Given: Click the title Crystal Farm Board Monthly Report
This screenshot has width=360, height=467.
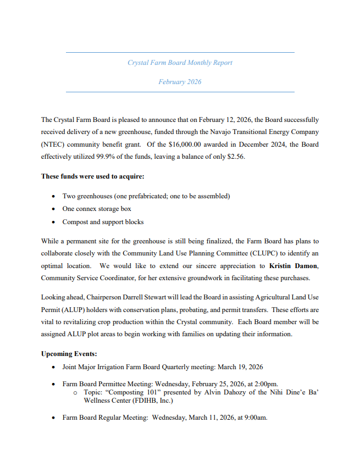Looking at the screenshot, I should [x=180, y=63].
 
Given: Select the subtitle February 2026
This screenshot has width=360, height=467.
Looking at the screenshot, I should [x=180, y=82].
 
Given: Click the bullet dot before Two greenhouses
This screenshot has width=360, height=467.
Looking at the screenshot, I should [x=53, y=196].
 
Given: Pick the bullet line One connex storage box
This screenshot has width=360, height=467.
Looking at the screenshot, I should [x=97, y=209].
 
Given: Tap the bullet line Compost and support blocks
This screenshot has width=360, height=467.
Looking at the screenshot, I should [x=103, y=222].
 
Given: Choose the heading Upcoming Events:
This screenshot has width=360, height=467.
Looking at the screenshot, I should [x=69, y=354].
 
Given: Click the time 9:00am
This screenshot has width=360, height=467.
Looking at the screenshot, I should [x=253, y=418].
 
